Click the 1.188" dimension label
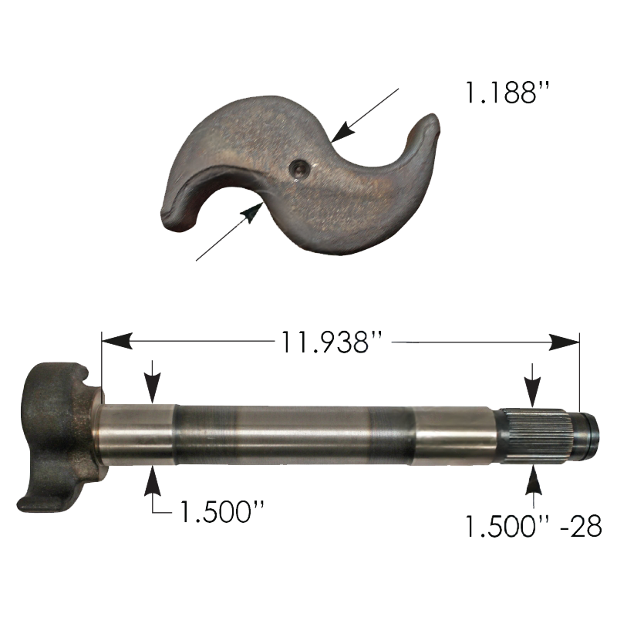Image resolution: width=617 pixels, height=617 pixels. point(507,93)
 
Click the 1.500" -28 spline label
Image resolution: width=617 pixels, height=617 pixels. point(534,526)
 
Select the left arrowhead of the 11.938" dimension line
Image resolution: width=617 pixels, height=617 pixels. point(116,341)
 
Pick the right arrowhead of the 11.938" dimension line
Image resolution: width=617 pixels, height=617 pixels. point(565,342)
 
